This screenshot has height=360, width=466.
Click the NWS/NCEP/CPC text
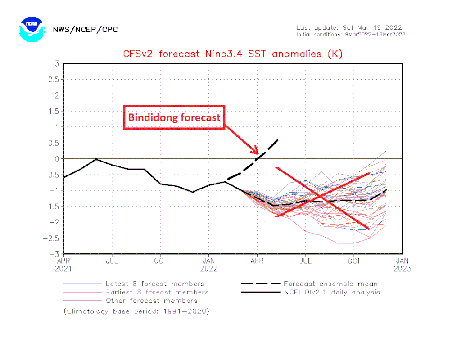click(85, 29)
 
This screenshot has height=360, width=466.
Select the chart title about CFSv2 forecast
click(233, 54)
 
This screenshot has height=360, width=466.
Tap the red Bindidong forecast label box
click(174, 117)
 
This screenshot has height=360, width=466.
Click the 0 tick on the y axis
click(57, 159)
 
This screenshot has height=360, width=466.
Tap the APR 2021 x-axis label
click(63, 264)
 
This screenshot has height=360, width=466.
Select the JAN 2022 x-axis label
click(208, 264)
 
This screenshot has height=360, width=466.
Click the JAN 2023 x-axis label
click(402, 264)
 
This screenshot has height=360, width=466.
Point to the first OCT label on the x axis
click(160, 261)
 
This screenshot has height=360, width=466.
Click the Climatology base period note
click(136, 311)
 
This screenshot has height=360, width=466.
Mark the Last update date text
click(349, 27)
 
